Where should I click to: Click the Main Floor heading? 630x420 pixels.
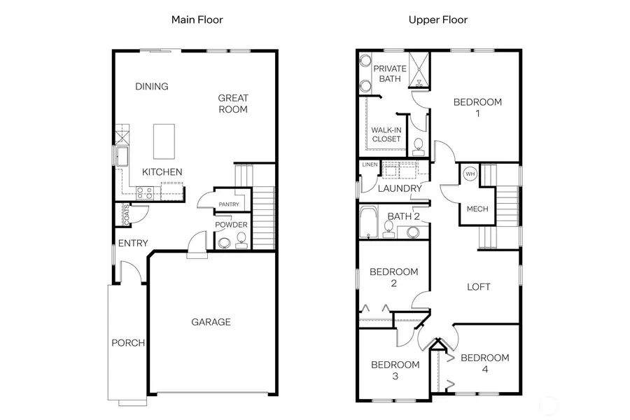pyautogui.click(x=197, y=20)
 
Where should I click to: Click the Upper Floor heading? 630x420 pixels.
pyautogui.click(x=438, y=20)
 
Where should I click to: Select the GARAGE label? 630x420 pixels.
pyautogui.click(x=211, y=322)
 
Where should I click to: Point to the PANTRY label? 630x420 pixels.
pyautogui.click(x=228, y=204)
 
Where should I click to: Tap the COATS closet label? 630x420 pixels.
pyautogui.click(x=127, y=214)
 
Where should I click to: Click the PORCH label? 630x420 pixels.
pyautogui.click(x=128, y=343)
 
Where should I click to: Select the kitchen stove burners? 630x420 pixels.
pyautogui.click(x=144, y=190)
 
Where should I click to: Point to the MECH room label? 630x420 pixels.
pyautogui.click(x=477, y=209)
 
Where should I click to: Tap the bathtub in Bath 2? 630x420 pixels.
pyautogui.click(x=368, y=222)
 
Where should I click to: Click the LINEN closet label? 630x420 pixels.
pyautogui.click(x=370, y=164)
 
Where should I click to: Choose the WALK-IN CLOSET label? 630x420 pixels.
pyautogui.click(x=386, y=134)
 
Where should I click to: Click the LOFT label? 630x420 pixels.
pyautogui.click(x=479, y=287)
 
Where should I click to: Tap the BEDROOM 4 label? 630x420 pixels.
pyautogui.click(x=484, y=363)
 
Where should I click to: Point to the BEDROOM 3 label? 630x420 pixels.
pyautogui.click(x=395, y=370)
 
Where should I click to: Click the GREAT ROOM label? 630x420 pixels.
pyautogui.click(x=232, y=104)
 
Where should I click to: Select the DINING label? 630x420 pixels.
pyautogui.click(x=152, y=87)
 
